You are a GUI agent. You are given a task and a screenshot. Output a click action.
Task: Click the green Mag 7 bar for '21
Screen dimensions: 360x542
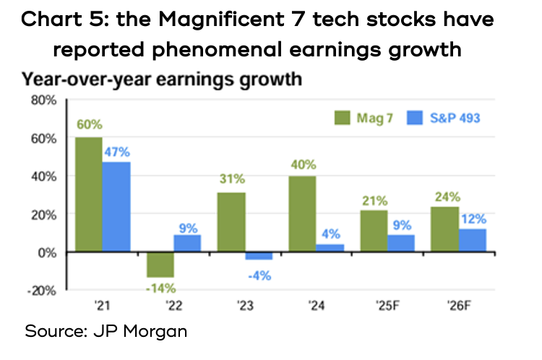pyautogui.click(x=88, y=194)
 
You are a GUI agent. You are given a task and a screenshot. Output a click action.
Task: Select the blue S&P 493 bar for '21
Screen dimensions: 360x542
pyautogui.click(x=116, y=207)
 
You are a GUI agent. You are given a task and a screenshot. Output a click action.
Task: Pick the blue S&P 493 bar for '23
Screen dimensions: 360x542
pyautogui.click(x=258, y=255)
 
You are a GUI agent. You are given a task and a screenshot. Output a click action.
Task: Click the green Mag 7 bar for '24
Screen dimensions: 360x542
pyautogui.click(x=303, y=214)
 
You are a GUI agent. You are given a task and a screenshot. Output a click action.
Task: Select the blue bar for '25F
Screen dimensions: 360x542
pyautogui.click(x=401, y=244)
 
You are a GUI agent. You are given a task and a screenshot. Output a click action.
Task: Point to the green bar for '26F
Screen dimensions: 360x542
pyautogui.click(x=445, y=229)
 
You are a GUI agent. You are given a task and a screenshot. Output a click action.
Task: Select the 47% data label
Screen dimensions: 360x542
pyautogui.click(x=116, y=152)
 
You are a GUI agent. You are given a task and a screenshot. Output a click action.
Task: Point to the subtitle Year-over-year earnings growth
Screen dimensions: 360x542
pyautogui.click(x=160, y=78)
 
